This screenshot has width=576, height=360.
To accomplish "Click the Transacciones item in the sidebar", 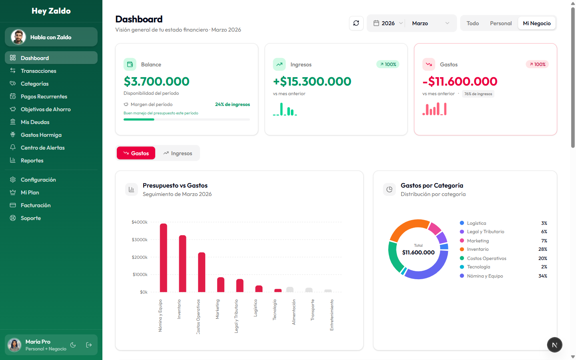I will coord(38,71).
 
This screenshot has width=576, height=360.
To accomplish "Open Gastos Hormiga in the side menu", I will coord(41,135).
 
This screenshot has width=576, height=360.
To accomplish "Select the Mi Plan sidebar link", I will coord(30,192).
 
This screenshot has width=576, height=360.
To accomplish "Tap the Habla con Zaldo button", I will coord(51,37).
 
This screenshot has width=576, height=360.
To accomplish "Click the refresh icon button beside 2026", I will coord(356,23).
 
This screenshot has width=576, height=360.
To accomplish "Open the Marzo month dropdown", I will coord(430,23).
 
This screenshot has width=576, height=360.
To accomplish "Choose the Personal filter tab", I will coord(500,23).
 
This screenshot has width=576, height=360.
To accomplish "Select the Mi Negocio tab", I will coord(536,23).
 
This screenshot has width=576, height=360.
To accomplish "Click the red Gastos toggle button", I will coord(136,153).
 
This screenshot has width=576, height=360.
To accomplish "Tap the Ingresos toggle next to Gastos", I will coord(178,153).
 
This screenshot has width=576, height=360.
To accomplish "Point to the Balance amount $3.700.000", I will coord(156,82).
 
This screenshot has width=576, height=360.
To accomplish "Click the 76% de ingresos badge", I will coord(478,94).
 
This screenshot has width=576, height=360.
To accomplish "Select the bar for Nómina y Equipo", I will coord(163,258).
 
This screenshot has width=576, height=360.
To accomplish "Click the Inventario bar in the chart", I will coord(182,264).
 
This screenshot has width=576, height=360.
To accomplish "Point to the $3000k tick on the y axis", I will coord(140,240).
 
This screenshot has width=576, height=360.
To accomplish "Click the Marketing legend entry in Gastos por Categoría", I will coord(478,241).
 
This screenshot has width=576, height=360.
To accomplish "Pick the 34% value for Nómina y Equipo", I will coord(542,276).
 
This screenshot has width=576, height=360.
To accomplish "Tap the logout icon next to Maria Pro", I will coord(89,345).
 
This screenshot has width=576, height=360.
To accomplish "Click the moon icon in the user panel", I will coord(73,345).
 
